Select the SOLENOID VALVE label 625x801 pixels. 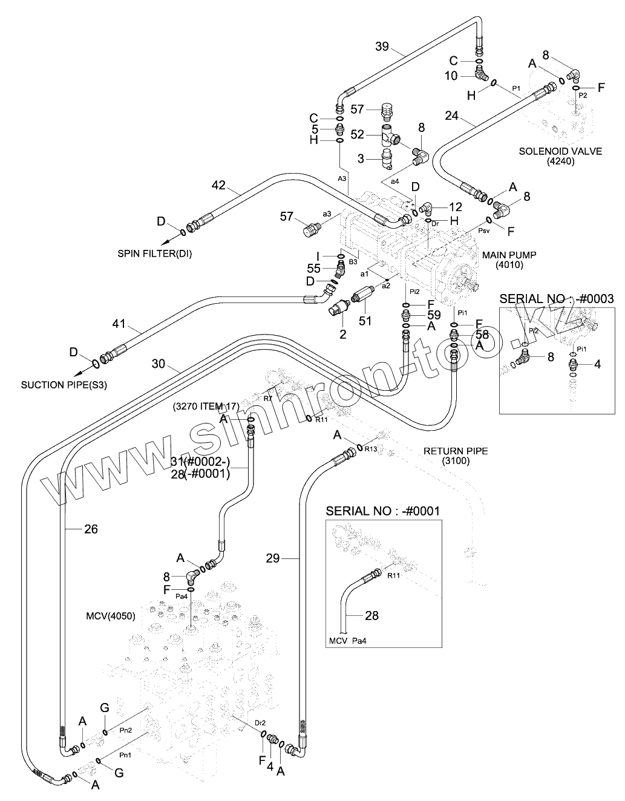(560, 151)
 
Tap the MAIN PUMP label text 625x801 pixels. (510, 255)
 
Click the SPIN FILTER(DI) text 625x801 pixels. (154, 253)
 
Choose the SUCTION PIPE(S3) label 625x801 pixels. (64, 384)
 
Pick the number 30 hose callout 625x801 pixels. (159, 364)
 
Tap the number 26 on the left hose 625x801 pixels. (91, 529)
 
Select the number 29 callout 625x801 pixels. (273, 558)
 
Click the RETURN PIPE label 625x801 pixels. (455, 451)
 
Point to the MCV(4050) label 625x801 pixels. (110, 616)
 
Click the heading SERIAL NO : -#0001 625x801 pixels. (382, 511)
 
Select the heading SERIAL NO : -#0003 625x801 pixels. (557, 298)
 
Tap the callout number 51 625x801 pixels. (365, 320)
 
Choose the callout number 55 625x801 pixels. (313, 267)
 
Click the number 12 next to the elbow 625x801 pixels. (455, 207)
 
